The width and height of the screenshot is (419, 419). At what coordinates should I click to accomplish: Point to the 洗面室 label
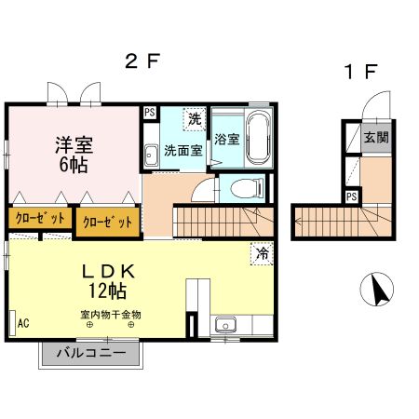[x=183, y=149]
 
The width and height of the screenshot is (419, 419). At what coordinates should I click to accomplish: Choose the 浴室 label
[x=227, y=141]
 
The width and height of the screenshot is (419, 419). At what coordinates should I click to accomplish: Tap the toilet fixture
[x=246, y=189]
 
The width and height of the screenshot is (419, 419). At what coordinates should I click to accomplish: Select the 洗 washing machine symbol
[x=194, y=118]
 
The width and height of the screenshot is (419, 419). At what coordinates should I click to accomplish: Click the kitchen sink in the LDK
[x=224, y=325]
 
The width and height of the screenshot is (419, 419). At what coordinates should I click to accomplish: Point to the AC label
[x=22, y=323]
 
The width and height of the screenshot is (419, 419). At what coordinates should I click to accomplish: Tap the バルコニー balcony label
[x=91, y=353]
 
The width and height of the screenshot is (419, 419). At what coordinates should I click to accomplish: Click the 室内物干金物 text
[x=110, y=314]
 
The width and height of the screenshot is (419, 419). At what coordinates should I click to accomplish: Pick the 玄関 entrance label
[x=376, y=138]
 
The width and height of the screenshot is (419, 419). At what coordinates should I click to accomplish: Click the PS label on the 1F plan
[x=351, y=196]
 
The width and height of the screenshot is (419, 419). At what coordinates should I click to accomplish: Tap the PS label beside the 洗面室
[x=149, y=112]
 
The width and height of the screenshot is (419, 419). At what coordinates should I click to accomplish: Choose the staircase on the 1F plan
[x=336, y=223]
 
